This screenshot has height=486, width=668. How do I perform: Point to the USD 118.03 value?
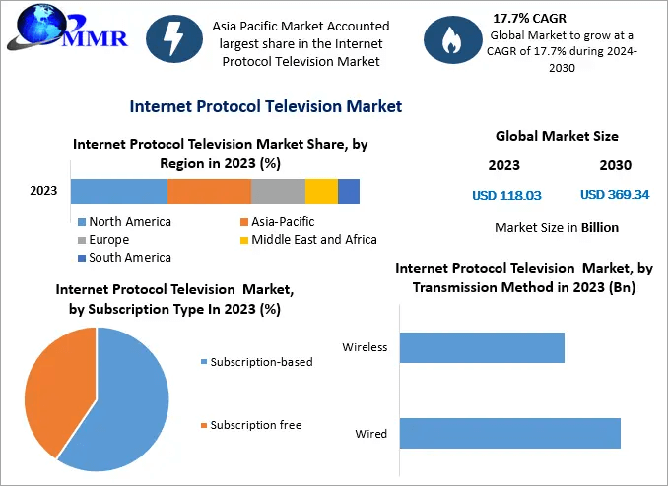506,195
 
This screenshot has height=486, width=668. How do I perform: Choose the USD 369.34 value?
615,195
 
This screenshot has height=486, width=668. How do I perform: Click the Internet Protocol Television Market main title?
265,105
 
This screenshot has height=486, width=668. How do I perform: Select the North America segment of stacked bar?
118,191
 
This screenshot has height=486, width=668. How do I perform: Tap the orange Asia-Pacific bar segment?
209,191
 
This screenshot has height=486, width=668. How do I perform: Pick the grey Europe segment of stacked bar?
278,191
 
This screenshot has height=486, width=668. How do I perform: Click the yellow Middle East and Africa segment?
321,191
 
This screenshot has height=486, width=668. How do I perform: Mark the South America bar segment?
348,191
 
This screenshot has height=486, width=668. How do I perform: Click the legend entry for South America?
129,258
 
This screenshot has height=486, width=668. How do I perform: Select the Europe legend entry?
108,240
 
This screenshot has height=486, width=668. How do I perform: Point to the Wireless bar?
482,347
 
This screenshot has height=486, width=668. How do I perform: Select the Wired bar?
509,433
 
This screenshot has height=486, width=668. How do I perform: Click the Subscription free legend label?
256,425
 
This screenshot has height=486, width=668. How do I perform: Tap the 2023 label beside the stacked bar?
43,191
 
